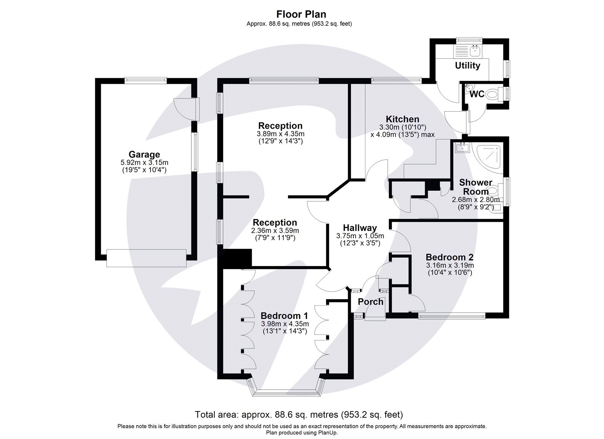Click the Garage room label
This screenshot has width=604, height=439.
(x=144, y=154)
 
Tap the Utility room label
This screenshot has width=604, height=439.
(x=467, y=66)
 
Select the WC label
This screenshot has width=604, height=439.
(x=477, y=94)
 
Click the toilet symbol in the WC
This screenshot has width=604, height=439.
(x=493, y=93)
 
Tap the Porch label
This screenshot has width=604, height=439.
(x=370, y=302)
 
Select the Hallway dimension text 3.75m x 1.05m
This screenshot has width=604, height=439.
(x=360, y=236)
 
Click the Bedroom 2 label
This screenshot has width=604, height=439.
(x=449, y=257)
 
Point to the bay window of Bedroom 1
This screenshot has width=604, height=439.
(x=286, y=392)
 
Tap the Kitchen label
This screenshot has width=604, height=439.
(x=402, y=119)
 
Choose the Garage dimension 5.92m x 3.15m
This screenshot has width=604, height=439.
(x=144, y=163)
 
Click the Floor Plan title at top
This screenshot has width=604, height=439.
(x=301, y=14)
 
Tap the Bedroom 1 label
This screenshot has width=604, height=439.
(x=284, y=316)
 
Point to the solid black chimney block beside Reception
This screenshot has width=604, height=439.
(x=237, y=258)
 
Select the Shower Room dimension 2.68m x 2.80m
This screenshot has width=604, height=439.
(x=476, y=200)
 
